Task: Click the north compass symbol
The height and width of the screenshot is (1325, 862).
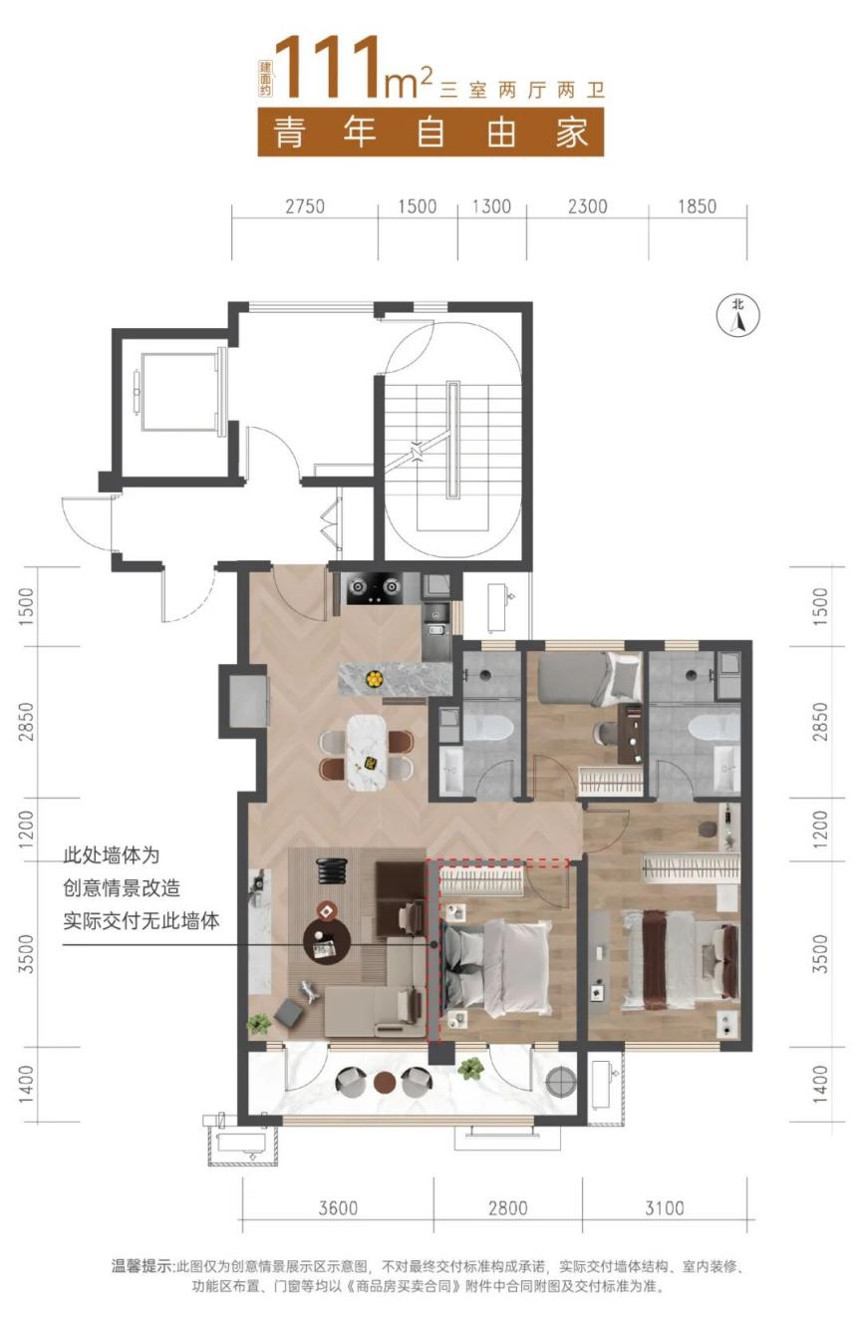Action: [737, 316]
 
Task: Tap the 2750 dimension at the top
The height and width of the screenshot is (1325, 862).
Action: [305, 206]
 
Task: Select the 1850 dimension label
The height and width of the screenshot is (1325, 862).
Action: [697, 206]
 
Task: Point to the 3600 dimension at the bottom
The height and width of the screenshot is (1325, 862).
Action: [338, 1208]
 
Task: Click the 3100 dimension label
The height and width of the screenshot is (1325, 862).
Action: [665, 1208]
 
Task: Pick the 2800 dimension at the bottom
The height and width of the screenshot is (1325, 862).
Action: [508, 1208]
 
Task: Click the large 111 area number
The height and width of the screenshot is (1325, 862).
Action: [328, 66]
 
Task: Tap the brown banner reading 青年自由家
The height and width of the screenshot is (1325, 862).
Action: [431, 132]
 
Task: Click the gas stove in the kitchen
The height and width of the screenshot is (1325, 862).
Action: [375, 587]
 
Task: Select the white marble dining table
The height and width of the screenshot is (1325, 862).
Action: [367, 753]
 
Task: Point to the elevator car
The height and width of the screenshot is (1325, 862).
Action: [178, 393]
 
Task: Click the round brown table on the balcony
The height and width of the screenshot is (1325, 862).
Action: [385, 1082]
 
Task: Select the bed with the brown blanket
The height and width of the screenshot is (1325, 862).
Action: [680, 960]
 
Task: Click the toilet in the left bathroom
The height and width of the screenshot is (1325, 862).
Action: [487, 728]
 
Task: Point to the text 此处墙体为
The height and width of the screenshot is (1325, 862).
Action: [112, 855]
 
